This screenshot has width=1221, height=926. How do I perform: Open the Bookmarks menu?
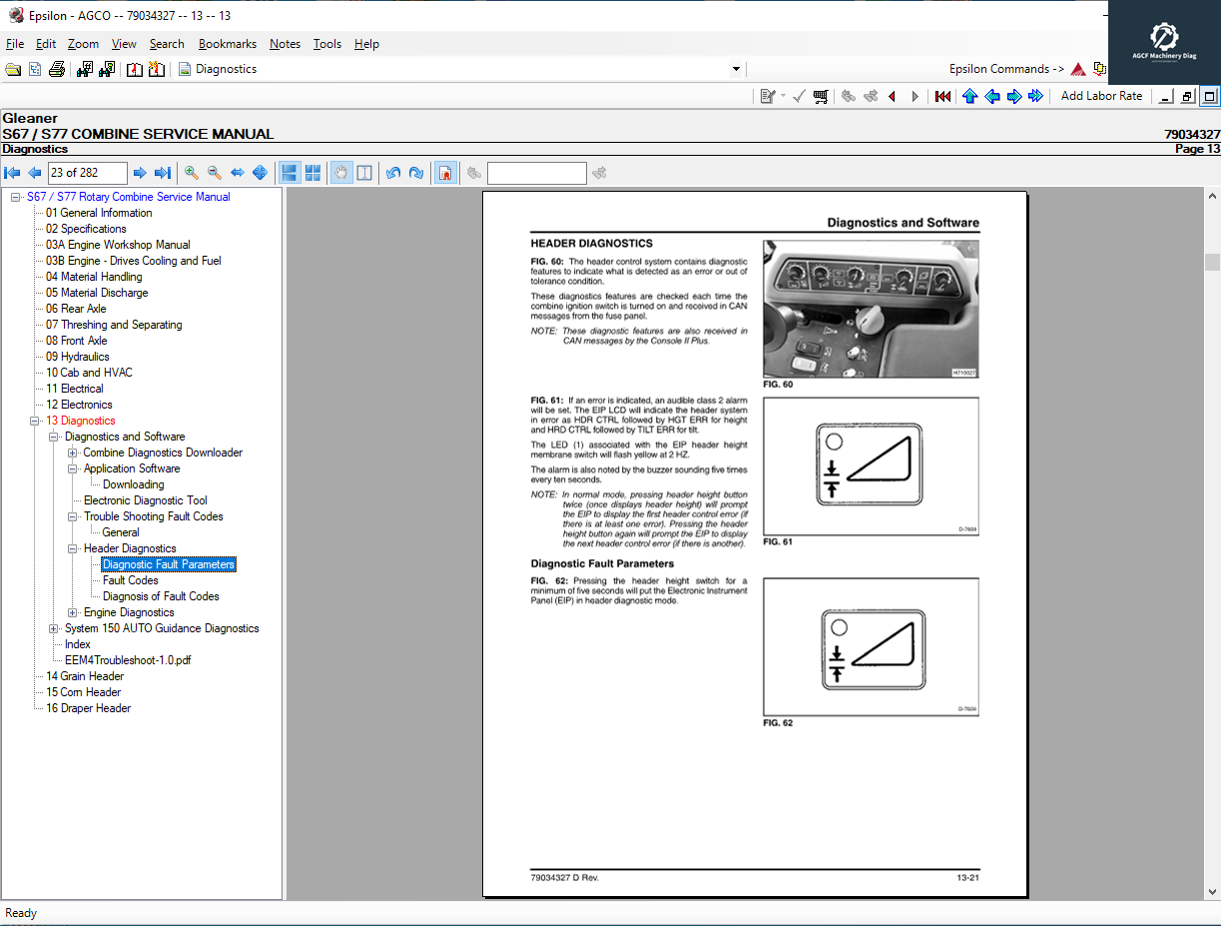coord(227,44)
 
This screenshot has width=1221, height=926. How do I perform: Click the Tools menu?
coord(326,44)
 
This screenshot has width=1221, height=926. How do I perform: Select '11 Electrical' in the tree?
coord(74,389)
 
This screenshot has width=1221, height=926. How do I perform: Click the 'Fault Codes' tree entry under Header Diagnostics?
coord(130,580)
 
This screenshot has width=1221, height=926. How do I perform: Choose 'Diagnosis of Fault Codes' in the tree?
coord(161,596)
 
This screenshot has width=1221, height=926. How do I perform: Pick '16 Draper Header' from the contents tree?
coord(88,708)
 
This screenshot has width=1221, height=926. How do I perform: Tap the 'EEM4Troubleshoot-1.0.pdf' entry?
coord(128,660)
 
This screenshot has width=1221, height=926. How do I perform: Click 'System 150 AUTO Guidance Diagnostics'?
coord(162,628)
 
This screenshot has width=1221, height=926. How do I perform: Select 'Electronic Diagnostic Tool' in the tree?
coord(146,500)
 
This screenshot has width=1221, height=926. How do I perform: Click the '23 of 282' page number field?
coord(87,173)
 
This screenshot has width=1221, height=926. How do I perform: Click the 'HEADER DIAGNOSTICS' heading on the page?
coord(591,243)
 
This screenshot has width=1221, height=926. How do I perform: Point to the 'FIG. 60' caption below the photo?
coord(778,384)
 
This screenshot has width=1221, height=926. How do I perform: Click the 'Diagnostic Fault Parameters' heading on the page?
coord(602,563)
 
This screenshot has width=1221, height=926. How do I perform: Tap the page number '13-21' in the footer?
coord(966,877)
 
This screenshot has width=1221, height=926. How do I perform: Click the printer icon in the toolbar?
coord(57,69)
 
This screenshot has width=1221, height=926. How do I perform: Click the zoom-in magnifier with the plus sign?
coord(191,173)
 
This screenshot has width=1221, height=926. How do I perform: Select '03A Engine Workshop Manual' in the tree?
coord(117,245)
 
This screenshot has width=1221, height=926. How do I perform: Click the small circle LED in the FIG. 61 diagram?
coord(835,441)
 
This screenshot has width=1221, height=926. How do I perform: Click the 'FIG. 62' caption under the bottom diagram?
coord(778,722)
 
